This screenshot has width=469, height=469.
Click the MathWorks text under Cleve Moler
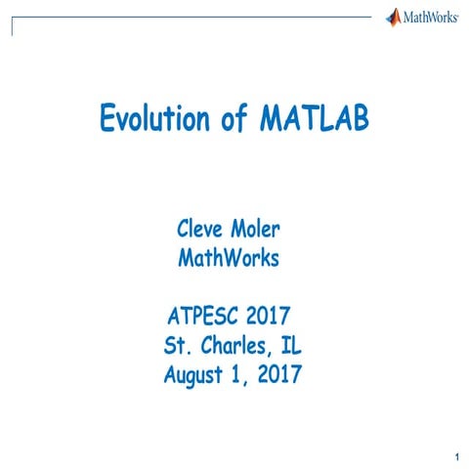click(229, 259)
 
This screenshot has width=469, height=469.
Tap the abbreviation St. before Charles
click(179, 345)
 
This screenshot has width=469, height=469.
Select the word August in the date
click(194, 373)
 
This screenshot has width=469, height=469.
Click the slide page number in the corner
click(456, 456)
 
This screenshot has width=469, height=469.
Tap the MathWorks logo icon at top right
click(394, 17)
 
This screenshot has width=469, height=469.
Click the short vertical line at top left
click(13, 25)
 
